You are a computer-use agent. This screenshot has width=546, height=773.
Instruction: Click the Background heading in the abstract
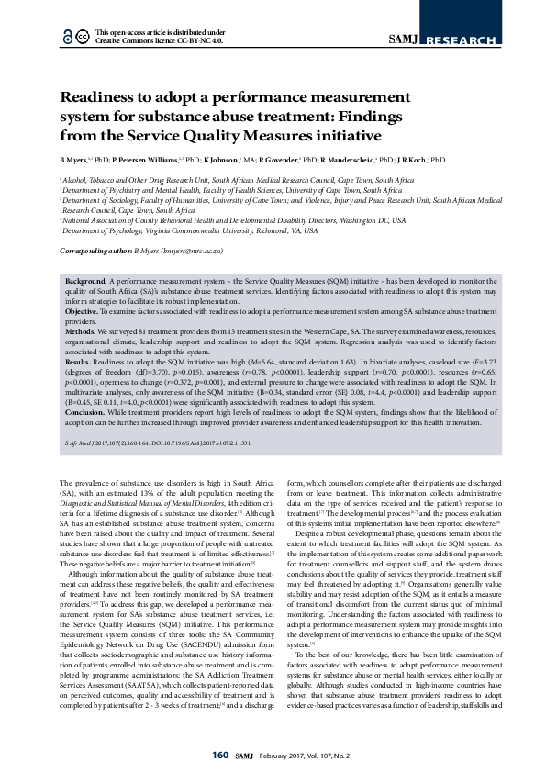(86, 277)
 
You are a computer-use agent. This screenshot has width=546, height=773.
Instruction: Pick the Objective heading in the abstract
(84, 312)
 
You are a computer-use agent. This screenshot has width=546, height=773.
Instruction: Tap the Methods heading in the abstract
(84, 330)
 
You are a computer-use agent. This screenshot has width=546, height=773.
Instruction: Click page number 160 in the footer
(219, 755)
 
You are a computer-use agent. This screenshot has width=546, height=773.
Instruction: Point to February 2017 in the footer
(286, 756)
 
